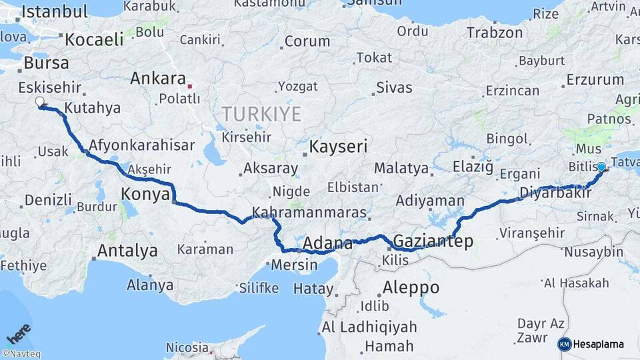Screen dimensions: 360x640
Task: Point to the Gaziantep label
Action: (x=433, y=241)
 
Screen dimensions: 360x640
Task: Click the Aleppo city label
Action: (x=411, y=287)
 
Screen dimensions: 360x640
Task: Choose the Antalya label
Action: (x=127, y=251)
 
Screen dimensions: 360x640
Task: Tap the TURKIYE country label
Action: (x=262, y=114)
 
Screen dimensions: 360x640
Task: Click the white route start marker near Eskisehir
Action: (x=40, y=103)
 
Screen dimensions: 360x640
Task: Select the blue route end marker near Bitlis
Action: (x=601, y=167)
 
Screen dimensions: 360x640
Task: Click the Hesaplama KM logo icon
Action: (x=564, y=344)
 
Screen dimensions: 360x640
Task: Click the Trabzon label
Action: (x=495, y=32)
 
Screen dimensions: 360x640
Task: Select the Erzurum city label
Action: (x=595, y=80)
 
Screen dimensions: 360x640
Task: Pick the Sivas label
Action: (x=394, y=87)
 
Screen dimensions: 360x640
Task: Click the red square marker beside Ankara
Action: (x=190, y=86)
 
